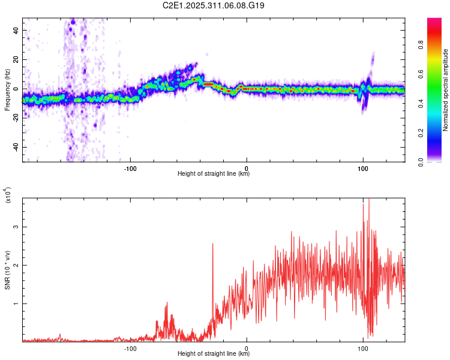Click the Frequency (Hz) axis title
[7, 89]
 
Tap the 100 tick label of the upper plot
[362, 167]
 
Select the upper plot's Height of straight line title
[214, 174]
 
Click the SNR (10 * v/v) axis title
[7, 269]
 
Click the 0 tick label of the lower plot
[247, 348]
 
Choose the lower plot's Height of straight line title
[214, 355]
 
